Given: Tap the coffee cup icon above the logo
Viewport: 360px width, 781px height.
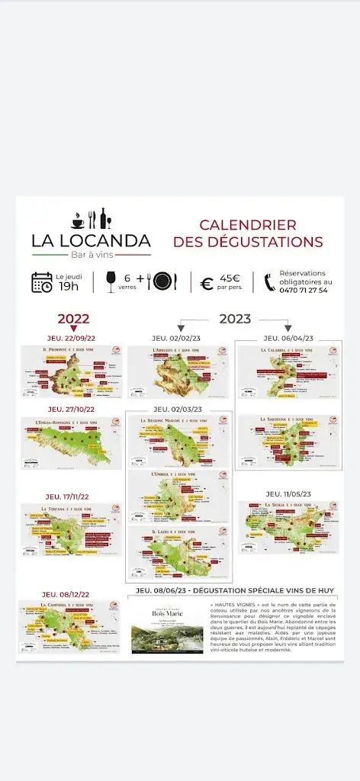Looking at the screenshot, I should click(x=78, y=220).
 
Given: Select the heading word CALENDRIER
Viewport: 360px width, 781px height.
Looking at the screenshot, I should click(x=248, y=226).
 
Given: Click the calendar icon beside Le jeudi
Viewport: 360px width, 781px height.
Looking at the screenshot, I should click(x=42, y=282).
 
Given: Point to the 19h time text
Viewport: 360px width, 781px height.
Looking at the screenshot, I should click(x=69, y=287).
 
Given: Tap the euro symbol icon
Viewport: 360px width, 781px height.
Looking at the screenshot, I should click(x=207, y=284).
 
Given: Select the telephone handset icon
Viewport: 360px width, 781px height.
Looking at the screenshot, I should click(x=270, y=282).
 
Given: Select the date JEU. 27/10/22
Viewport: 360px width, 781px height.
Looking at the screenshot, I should click(x=69, y=410).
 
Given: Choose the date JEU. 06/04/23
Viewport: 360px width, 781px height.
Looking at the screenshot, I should click(x=288, y=338).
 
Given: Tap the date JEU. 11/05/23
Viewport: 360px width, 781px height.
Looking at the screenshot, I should click(x=288, y=494).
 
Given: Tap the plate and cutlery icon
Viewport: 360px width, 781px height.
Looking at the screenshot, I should click(x=161, y=281).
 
